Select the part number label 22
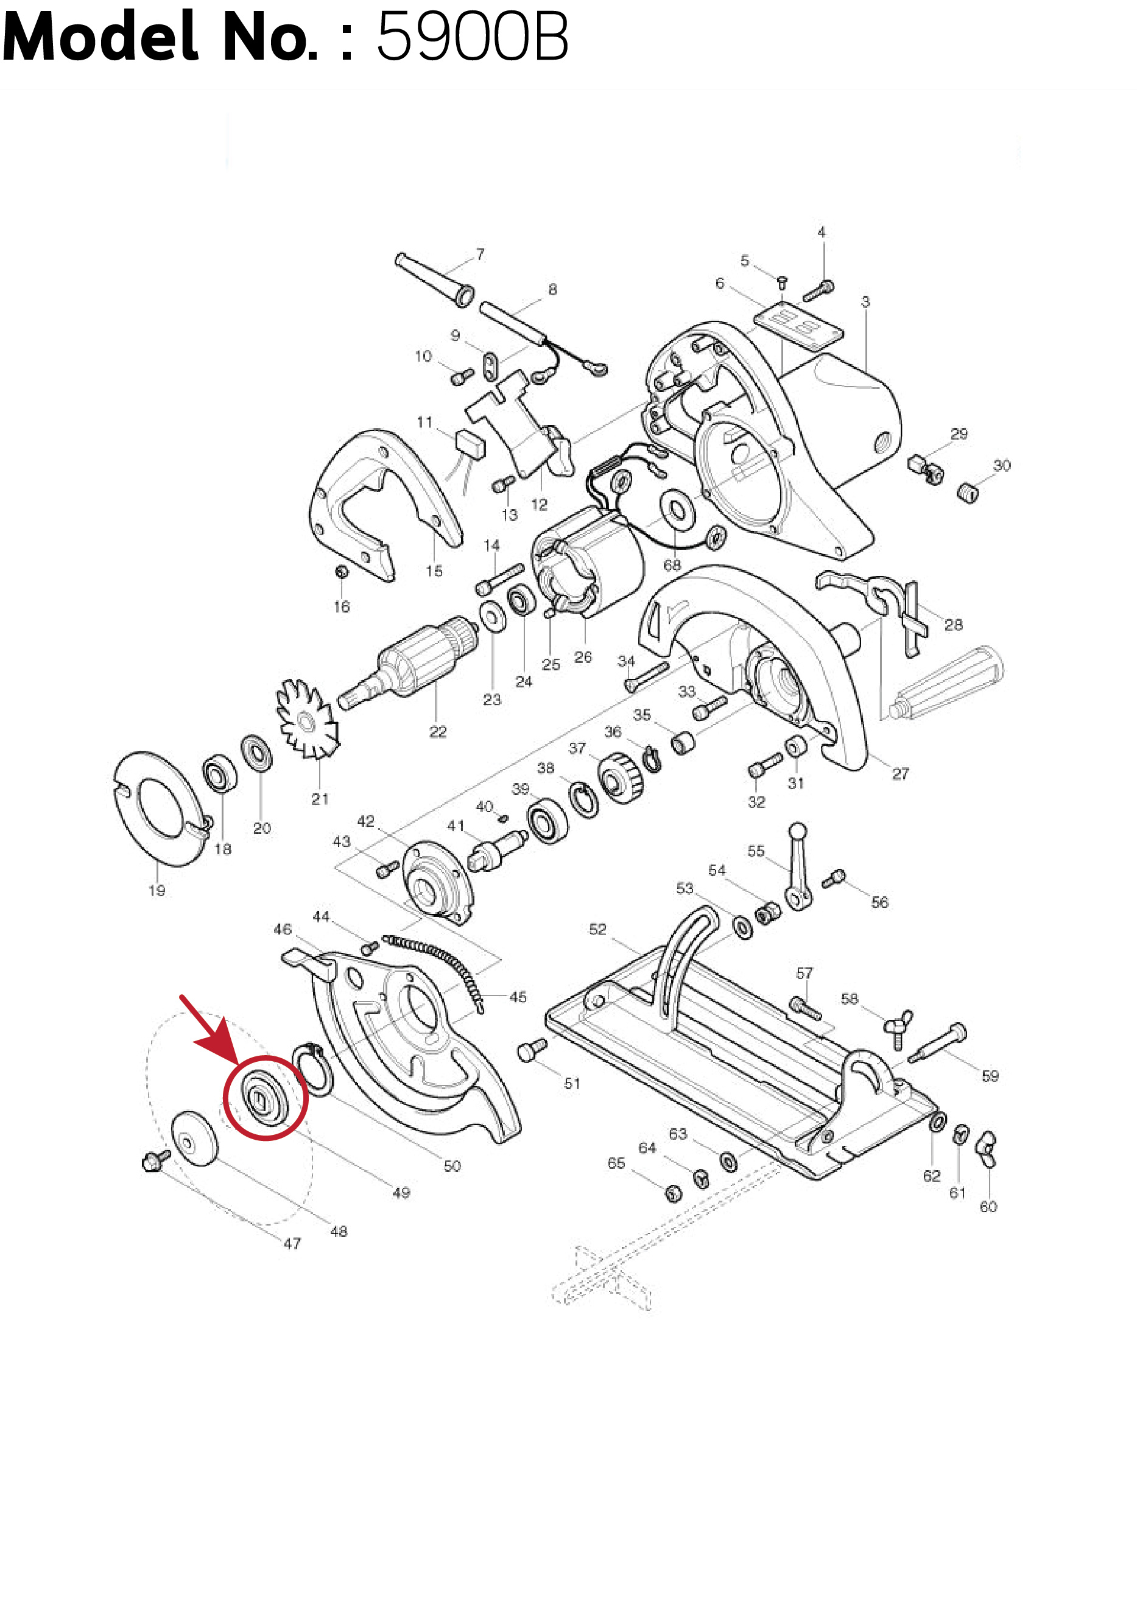click(x=437, y=732)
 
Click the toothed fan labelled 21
click(x=308, y=719)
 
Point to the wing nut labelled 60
click(x=988, y=1149)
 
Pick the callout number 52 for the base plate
click(x=597, y=929)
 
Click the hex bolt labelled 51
click(x=531, y=1050)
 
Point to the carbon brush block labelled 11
click(x=470, y=443)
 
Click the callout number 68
click(x=672, y=565)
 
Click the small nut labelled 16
click(x=341, y=572)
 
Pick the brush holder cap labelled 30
click(x=967, y=492)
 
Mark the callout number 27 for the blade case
click(x=901, y=774)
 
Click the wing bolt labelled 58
click(x=898, y=1028)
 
